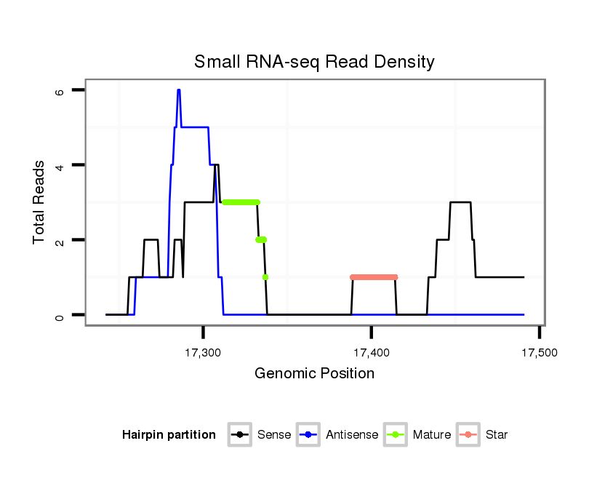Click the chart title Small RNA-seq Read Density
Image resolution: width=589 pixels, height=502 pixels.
point(314,62)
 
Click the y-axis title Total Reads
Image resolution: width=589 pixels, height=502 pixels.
point(39,202)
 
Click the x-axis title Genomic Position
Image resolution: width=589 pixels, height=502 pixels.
point(314,374)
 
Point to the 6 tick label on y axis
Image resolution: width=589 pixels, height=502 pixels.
point(60,91)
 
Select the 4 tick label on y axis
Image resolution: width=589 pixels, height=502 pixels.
point(60,166)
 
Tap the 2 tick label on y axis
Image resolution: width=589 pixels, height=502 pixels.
point(60,240)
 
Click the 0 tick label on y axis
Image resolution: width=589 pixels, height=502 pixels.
point(60,315)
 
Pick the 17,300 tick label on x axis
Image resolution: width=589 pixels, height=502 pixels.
point(203,353)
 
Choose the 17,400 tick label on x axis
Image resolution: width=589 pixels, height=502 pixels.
point(371,353)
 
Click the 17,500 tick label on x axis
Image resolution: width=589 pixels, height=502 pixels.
point(539,353)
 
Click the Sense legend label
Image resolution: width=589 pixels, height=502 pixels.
point(274,435)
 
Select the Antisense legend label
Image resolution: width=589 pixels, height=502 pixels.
point(352,435)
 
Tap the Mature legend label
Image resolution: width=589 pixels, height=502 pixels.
point(432,435)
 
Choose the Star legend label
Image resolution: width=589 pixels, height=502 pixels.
point(497,435)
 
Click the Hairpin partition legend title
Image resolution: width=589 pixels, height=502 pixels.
point(169,435)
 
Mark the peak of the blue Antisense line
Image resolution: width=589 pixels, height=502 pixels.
point(178,90)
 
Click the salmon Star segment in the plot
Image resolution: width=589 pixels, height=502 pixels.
point(374,277)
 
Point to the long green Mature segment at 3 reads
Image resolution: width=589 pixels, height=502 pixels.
point(241,202)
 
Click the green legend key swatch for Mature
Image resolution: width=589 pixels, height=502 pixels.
point(395,435)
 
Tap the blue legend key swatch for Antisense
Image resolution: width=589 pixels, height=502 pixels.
point(308,435)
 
